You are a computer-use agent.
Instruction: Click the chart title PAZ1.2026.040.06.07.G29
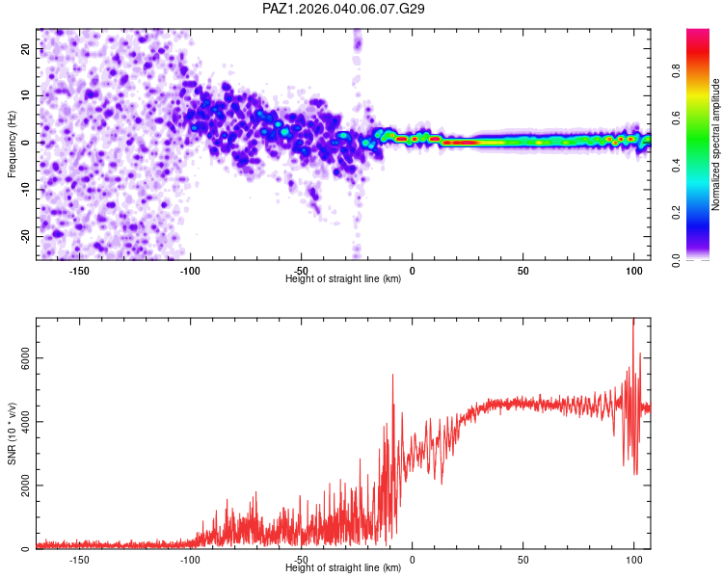point(344,9)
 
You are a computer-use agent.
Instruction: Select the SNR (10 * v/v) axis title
point(12,433)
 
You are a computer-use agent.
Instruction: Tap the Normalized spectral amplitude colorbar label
point(716,144)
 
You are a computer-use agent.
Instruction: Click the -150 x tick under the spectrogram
point(79,271)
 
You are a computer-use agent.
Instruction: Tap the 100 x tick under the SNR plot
point(633,560)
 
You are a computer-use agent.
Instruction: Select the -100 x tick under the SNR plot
point(190,560)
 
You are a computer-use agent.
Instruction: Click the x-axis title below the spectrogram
point(343,279)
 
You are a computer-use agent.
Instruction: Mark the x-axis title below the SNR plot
point(343,568)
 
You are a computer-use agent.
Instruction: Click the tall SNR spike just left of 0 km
point(392,377)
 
